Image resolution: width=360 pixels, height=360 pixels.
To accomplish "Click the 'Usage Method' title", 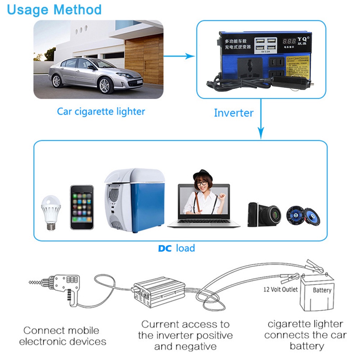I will click(x=54, y=10).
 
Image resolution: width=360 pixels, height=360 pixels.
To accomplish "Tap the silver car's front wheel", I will click(x=104, y=85).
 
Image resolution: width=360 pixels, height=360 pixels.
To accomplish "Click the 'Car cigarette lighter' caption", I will click(x=101, y=111).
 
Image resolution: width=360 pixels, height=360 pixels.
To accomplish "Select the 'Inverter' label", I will click(x=234, y=113).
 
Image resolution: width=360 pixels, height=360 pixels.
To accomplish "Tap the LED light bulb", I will click(x=51, y=212).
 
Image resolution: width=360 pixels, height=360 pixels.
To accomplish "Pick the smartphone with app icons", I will click(x=82, y=207).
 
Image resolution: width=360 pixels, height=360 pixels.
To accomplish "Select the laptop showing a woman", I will click(x=204, y=206).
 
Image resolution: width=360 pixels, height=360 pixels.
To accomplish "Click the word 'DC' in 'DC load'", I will click(x=165, y=248).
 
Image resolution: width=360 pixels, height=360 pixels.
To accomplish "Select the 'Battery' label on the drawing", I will click(x=322, y=290).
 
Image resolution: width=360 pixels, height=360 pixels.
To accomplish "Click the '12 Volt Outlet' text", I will click(x=280, y=289).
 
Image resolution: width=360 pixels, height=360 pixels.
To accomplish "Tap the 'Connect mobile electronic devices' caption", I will click(x=63, y=336).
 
